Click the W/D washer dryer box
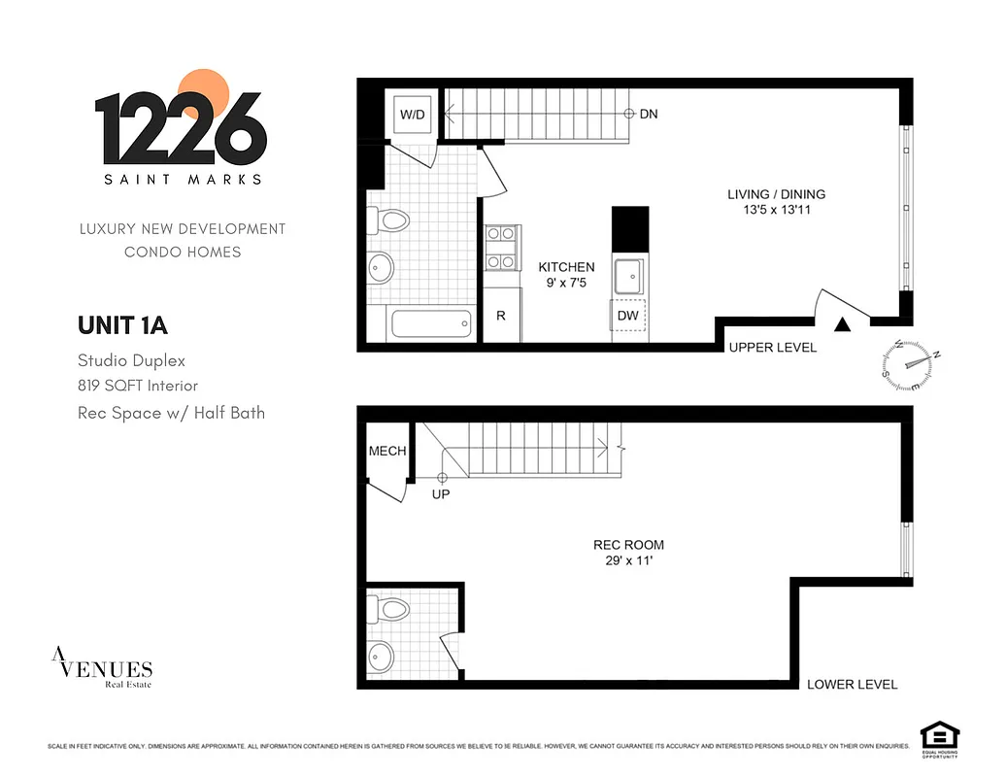pyautogui.click(x=413, y=115)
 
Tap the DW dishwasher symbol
pyautogui.click(x=626, y=316)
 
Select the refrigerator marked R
pyautogui.click(x=501, y=316)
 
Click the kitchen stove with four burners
pyautogui.click(x=503, y=248)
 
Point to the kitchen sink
pyautogui.click(x=626, y=276)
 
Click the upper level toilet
pyautogui.click(x=390, y=220)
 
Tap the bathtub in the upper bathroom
pyautogui.click(x=430, y=322)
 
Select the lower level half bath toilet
pyautogui.click(x=390, y=610)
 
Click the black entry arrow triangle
pyautogui.click(x=843, y=325)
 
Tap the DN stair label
pyautogui.click(x=649, y=115)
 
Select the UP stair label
pyautogui.click(x=441, y=494)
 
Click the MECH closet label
pyautogui.click(x=387, y=451)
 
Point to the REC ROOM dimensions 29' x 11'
pyautogui.click(x=629, y=560)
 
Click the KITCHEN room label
pyautogui.click(x=567, y=267)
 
